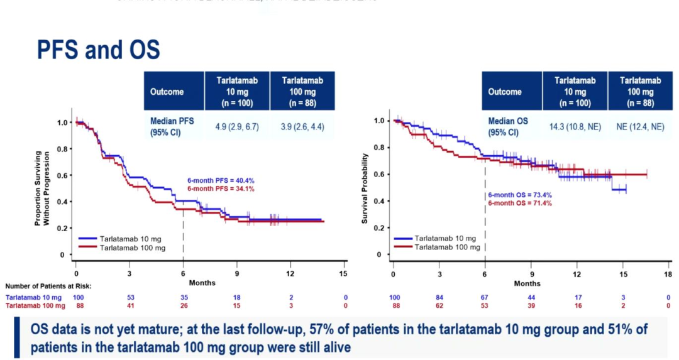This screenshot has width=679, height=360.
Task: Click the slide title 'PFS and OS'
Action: (98, 49)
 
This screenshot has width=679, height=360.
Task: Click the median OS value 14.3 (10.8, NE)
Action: (575, 126)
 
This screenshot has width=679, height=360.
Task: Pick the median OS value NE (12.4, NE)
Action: (640, 126)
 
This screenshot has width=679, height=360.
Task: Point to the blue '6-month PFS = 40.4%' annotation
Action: (221, 180)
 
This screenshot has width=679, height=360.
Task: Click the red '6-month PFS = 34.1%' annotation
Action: (221, 188)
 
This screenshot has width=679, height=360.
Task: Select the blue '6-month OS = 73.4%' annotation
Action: (520, 196)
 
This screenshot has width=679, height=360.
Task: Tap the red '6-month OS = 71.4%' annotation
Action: (520, 204)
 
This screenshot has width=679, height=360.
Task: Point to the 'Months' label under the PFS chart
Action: (202, 283)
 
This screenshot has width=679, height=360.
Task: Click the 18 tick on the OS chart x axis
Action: (668, 274)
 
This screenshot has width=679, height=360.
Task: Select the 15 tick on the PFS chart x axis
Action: (343, 274)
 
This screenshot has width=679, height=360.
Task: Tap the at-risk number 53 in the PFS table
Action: (130, 297)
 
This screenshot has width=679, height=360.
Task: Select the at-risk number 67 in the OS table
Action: (484, 297)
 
